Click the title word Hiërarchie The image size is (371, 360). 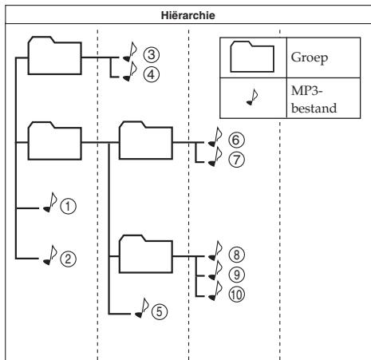pos(188,15)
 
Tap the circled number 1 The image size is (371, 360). pos(68,207)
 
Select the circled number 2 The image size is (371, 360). pos(68,259)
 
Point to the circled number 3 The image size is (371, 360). pos(152,54)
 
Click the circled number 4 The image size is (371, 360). pos(152,74)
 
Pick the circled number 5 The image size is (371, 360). pos(160,311)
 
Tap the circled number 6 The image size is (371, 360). pos(236,140)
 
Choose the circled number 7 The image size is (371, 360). pos(236,160)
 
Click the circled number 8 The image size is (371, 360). pos(236,255)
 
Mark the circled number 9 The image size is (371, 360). pos(236,275)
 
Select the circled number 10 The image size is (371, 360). pos(236,295)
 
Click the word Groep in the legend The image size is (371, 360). pos(310,57)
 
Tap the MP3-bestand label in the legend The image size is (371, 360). pos(314,100)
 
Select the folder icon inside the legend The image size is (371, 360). pos(252,57)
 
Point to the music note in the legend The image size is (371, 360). pos(252,97)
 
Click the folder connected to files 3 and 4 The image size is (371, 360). pos(55,55)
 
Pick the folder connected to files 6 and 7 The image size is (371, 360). pos(146,140)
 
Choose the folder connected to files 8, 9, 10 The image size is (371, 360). pos(146,254)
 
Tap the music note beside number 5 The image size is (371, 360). pos(142,308)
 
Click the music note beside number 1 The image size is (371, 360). pos(50,202)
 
